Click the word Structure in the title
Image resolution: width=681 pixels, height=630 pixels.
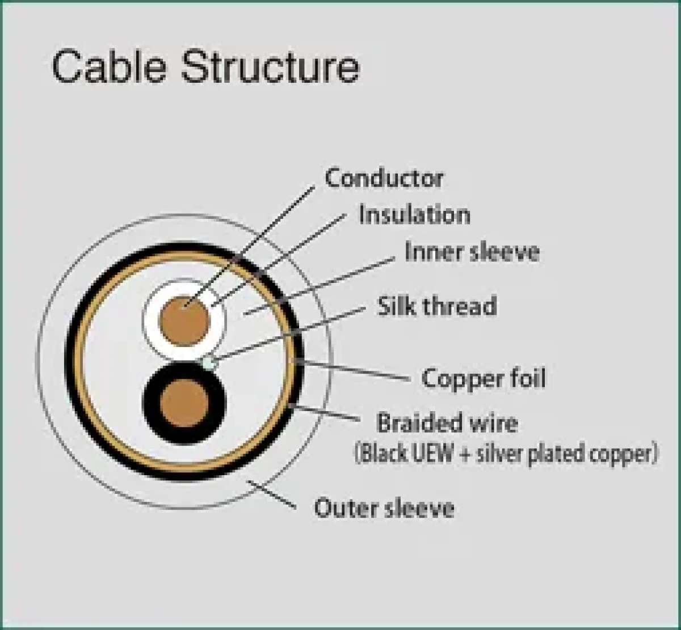click(270, 67)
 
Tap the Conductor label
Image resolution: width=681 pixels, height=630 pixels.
click(384, 178)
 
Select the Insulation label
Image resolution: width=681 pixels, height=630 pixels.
click(414, 215)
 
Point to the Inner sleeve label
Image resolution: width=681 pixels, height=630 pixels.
click(472, 252)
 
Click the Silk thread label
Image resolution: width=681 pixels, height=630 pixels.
click(437, 306)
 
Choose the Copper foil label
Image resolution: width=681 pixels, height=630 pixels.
click(484, 378)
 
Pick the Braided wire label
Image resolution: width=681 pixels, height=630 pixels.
click(447, 423)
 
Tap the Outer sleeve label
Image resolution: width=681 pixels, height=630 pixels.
click(384, 508)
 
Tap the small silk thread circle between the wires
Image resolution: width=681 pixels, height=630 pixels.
click(209, 361)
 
